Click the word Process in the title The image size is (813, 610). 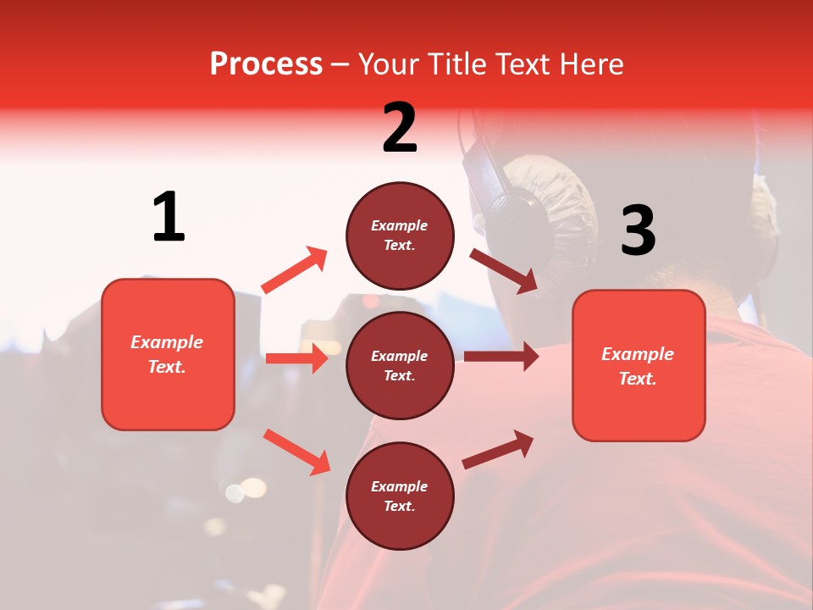coord(266,64)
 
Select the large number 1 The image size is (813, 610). coord(169,217)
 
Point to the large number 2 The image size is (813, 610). coord(400,127)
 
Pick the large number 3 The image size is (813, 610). coord(638,230)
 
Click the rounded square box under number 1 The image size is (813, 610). coord(168,354)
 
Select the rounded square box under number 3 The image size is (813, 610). coord(639,365)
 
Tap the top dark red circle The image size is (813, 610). coord(400,236)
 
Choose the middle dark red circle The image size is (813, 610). coord(400,365)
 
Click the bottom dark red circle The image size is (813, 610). coord(400,496)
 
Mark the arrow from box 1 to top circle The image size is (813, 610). coord(294,270)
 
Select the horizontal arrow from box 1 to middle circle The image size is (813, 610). coord(296,358)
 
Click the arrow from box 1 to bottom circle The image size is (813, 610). coord(296,452)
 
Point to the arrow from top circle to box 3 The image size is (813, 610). coord(503,270)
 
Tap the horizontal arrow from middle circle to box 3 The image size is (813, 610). coord(501,357)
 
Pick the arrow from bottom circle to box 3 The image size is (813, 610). coord(498,450)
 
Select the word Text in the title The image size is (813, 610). coord(518,64)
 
